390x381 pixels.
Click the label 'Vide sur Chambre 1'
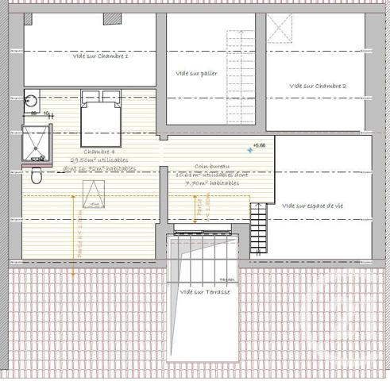pos(100,56)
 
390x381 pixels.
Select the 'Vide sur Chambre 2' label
pos(318,86)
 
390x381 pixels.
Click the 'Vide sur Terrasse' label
pos(205,292)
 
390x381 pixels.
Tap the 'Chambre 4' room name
pos(99,151)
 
